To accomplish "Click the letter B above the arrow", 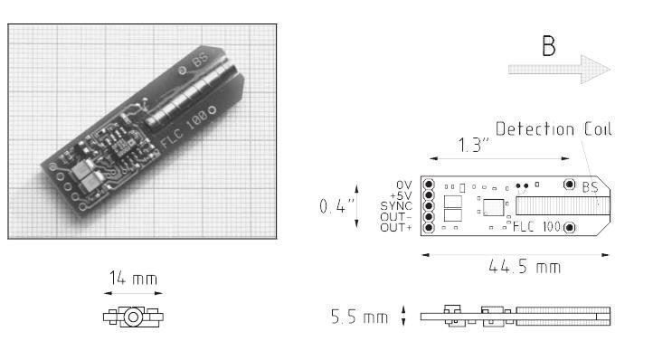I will point(549,47).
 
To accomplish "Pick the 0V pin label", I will point(403,185).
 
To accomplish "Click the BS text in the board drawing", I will point(590,187).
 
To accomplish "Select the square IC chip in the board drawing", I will point(492,207).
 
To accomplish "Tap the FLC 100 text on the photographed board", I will point(185,134).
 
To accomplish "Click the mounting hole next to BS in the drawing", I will point(569,185).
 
